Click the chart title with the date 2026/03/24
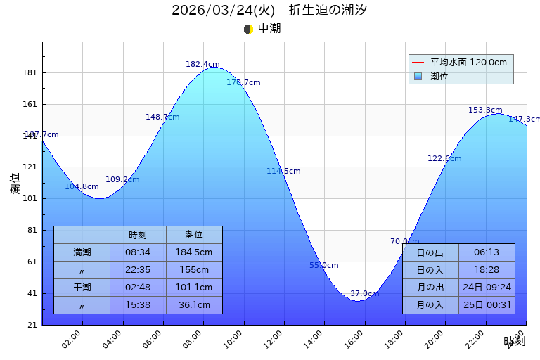[269, 10]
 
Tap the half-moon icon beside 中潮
[248, 29]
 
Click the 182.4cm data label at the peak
[202, 64]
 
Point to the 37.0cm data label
[364, 293]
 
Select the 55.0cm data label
[323, 265]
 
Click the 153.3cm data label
[485, 110]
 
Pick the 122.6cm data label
[444, 158]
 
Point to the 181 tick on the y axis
[30, 72]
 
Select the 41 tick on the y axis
[32, 293]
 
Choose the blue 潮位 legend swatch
[418, 76]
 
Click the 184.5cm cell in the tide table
[194, 252]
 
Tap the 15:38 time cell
[138, 304]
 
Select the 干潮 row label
[82, 287]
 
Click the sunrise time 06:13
[486, 252]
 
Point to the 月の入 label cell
[430, 304]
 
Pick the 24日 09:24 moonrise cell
[487, 287]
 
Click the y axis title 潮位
[15, 184]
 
